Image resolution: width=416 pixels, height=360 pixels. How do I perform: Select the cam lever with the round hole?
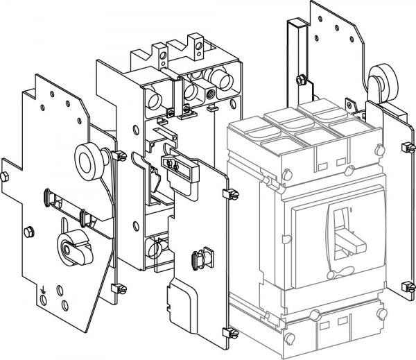tap(69, 246)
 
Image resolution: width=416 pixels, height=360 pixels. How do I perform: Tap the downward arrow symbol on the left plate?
tap(43, 292)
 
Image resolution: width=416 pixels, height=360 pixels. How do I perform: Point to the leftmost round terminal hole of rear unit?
tap(150, 96)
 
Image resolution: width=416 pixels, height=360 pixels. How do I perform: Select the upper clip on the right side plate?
tap(404, 147)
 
